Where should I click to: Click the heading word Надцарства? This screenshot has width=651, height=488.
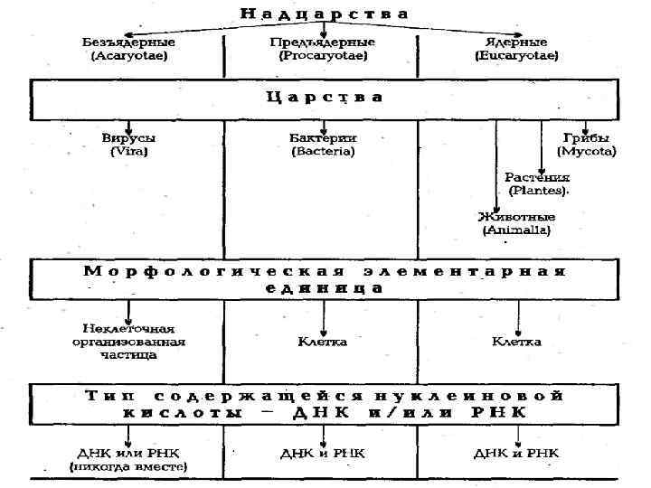(x=324, y=14)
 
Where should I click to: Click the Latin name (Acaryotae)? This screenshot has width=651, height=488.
(x=129, y=55)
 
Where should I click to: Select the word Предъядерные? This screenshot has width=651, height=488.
(x=323, y=42)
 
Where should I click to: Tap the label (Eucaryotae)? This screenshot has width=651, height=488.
(x=516, y=55)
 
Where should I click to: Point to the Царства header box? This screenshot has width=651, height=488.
(x=324, y=98)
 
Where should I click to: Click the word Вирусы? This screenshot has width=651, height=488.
(x=129, y=138)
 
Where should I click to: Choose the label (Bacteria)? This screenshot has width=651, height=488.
(x=323, y=152)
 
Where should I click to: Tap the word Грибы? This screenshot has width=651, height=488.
(x=587, y=138)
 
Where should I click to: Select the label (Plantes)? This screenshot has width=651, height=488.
(x=538, y=191)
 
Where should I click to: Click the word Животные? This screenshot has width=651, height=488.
(x=516, y=217)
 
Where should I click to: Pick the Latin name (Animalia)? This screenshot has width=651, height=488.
(x=516, y=230)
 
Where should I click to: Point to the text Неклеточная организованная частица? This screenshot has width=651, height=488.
(x=129, y=342)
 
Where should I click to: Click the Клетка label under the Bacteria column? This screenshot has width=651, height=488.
(x=323, y=342)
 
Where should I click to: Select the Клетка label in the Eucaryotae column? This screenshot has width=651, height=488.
(x=516, y=342)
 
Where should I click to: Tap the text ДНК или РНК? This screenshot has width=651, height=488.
(x=129, y=453)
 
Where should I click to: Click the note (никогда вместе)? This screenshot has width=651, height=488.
(x=129, y=466)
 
